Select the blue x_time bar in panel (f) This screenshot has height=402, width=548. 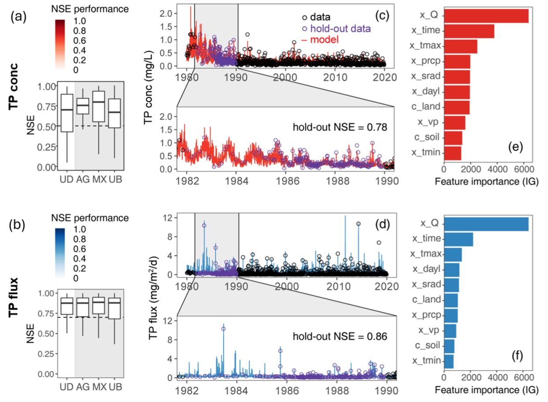click(x=458, y=239)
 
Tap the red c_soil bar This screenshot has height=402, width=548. click(x=453, y=138)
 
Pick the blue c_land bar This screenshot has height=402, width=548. click(x=451, y=300)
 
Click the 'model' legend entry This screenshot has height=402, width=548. click(x=324, y=40)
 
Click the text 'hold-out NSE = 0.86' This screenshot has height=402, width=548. click(x=340, y=336)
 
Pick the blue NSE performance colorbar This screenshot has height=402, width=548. click(x=60, y=252)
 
